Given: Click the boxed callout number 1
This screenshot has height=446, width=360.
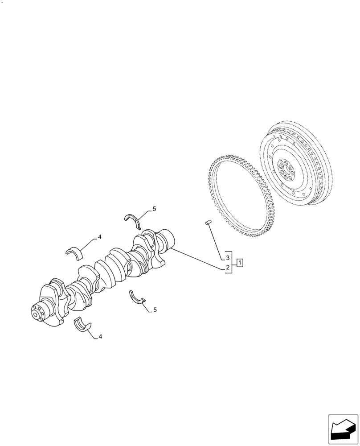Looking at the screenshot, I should [x=240, y=262].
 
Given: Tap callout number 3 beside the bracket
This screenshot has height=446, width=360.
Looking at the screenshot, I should [x=227, y=258].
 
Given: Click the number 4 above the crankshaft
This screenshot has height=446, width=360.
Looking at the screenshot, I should [x=100, y=237].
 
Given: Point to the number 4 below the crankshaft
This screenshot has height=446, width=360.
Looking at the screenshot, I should [x=100, y=337].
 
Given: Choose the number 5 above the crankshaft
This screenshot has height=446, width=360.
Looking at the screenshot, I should [x=154, y=208].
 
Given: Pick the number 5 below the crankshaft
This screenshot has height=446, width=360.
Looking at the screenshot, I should [x=155, y=310].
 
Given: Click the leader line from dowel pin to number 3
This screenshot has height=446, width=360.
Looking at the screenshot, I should [x=216, y=240].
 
